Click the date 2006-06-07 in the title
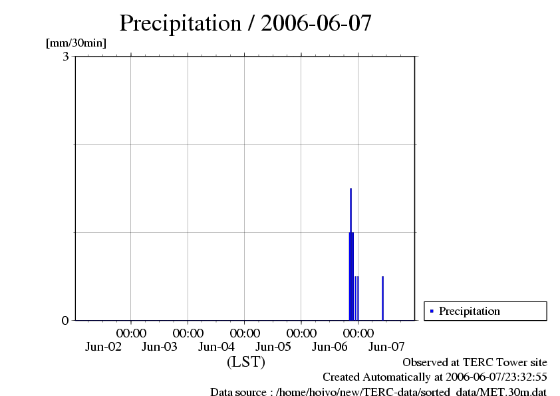point(317,23)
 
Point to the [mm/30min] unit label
point(76,43)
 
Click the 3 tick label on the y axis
point(66,57)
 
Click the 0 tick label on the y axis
point(65,321)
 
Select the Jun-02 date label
point(103,347)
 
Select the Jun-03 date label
point(160,347)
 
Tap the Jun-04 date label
point(217,347)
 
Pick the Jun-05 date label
point(273,347)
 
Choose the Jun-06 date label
point(331,347)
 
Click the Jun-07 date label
point(386,347)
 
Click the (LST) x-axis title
point(245,363)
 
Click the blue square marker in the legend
point(432,311)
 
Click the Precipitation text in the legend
point(470,311)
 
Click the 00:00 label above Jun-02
point(131,332)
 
